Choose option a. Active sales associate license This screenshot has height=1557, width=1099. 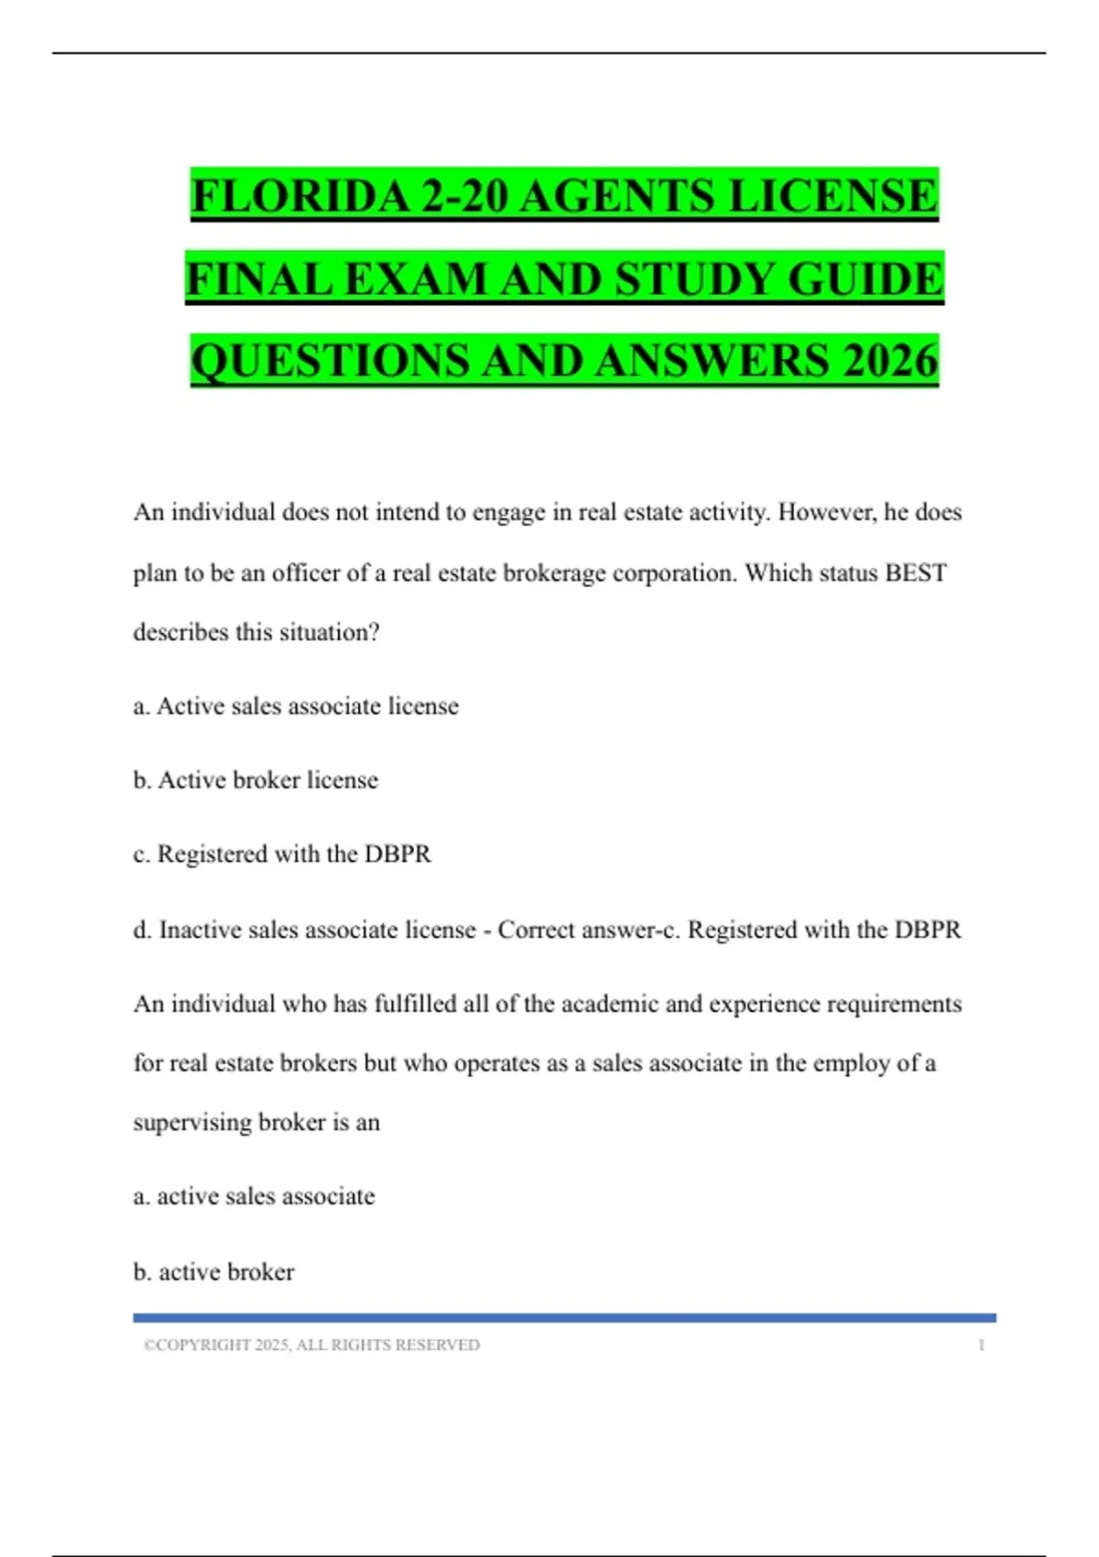click(296, 706)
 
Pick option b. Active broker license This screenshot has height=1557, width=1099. click(256, 780)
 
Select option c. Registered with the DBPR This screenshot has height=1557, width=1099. click(282, 854)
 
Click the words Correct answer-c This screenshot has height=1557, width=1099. click(586, 930)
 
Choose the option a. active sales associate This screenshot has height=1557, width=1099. click(254, 1196)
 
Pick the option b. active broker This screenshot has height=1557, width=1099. click(213, 1272)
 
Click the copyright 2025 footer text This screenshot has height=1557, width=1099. click(311, 1345)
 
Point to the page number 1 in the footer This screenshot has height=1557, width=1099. click(981, 1345)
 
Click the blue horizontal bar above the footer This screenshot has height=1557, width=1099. click(564, 1318)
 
